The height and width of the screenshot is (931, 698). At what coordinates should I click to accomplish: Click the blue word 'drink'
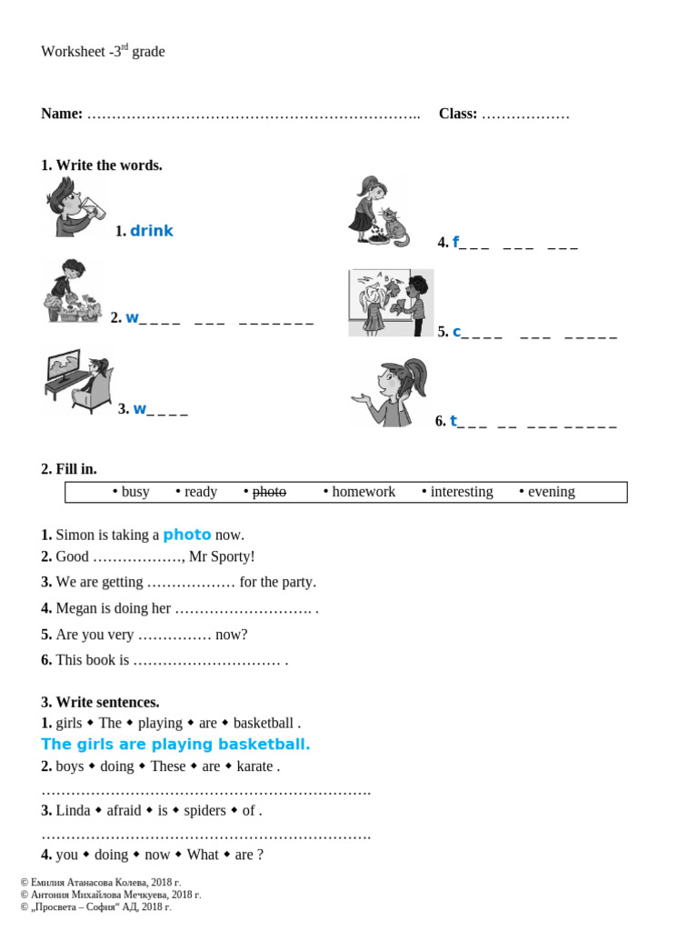coord(151,231)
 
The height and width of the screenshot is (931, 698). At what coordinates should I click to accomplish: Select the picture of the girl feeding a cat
coord(378,212)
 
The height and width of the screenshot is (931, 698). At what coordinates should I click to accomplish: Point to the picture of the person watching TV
coord(79,381)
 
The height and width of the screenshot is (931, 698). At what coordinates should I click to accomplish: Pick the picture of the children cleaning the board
coord(391,303)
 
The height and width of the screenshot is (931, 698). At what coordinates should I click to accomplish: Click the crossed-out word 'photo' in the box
coord(269,492)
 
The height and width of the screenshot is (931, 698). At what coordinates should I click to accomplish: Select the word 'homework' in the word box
coord(364,492)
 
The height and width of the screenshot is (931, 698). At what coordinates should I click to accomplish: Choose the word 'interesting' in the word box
coord(462,492)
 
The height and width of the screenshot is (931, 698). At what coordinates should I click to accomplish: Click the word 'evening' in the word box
coord(552,492)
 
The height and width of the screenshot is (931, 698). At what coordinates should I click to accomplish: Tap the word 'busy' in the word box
coord(135,492)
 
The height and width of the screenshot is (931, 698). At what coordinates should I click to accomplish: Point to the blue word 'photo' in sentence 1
coord(187,535)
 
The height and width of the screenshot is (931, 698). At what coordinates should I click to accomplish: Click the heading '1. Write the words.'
coord(102,165)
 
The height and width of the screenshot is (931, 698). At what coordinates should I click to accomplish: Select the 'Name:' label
coord(62,114)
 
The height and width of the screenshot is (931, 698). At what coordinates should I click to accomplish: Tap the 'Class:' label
coord(458,114)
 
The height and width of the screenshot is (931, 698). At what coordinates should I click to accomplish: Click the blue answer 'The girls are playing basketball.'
coord(175,745)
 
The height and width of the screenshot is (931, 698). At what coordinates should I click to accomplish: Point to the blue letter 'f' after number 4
coord(455,242)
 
